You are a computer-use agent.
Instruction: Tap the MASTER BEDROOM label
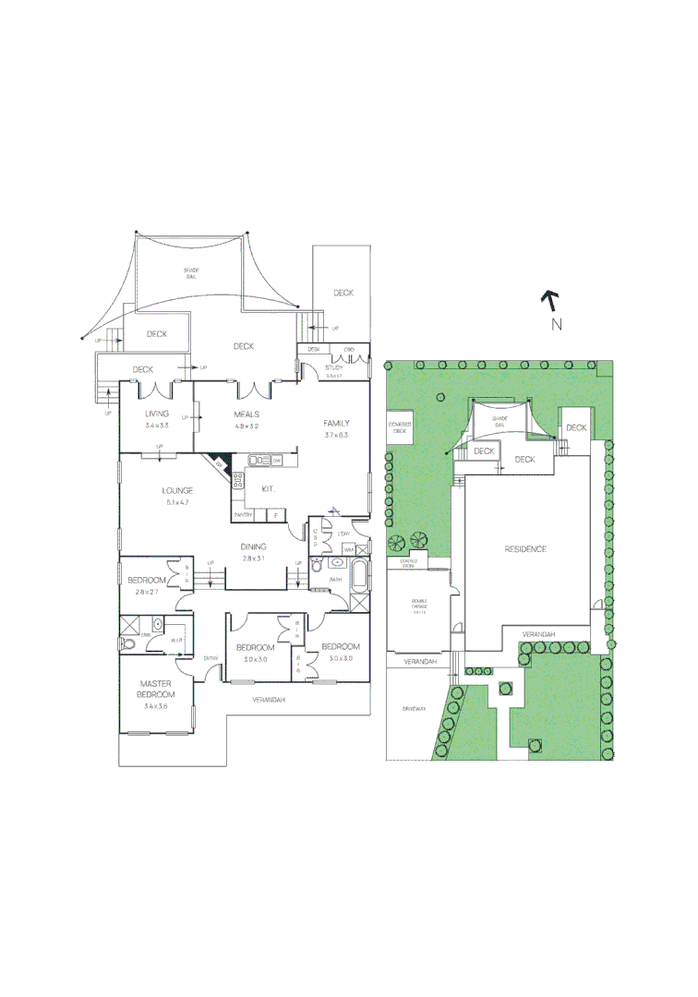[x=156, y=688]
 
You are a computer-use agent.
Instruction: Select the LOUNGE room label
[x=177, y=490]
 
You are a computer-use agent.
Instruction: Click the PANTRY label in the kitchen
[x=243, y=514]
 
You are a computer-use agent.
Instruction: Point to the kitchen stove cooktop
[x=238, y=479]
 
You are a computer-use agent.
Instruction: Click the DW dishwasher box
[x=276, y=460]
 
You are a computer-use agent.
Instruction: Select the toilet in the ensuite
[x=128, y=644]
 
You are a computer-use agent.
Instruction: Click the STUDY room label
[x=334, y=367]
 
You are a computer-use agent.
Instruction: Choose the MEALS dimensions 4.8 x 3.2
[x=246, y=427]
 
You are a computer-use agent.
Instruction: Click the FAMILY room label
[x=335, y=423]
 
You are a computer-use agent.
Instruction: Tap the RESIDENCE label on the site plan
[x=524, y=549]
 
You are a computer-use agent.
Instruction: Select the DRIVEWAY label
[x=415, y=709]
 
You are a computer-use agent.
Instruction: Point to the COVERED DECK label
[x=401, y=427]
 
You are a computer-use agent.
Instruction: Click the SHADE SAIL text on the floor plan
[x=192, y=272]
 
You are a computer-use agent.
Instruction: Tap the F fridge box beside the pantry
[x=274, y=514]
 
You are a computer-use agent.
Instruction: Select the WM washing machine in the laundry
[x=348, y=549]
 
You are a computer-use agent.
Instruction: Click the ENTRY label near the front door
[x=211, y=657]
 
